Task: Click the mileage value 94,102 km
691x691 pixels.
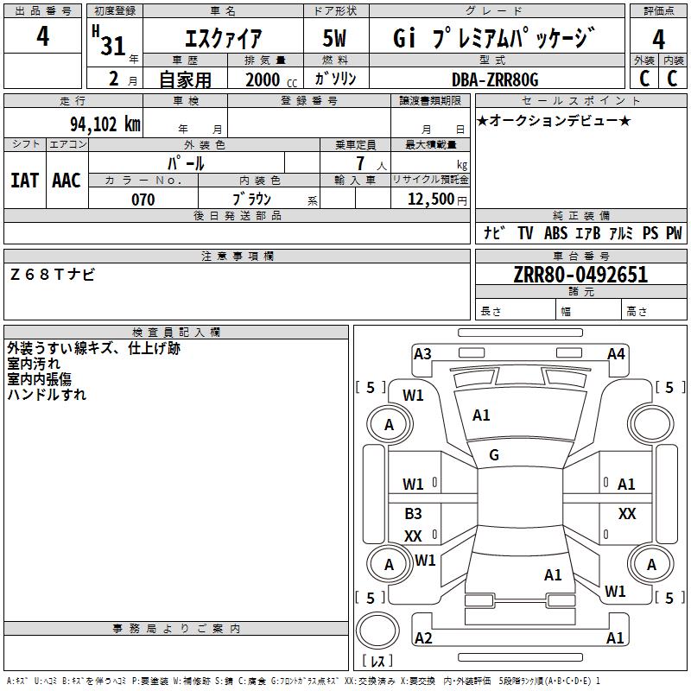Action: tap(105, 124)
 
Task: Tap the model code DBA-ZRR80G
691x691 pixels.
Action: tap(495, 79)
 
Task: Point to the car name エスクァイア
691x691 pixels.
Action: tap(224, 39)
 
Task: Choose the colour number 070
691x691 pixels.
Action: tap(143, 200)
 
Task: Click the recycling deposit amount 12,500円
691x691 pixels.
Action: tap(429, 200)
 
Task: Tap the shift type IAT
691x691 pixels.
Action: tap(24, 180)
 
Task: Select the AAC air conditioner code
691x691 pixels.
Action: tap(67, 180)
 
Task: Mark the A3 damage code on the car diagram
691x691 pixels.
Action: tap(422, 353)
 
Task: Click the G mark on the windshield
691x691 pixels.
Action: tap(494, 455)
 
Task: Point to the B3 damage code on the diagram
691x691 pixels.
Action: tap(413, 514)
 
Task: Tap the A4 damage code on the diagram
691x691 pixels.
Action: tap(616, 353)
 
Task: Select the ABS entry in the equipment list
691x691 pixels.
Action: tap(555, 233)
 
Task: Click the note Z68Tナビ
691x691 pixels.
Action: tap(53, 274)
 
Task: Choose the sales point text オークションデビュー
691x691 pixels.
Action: tap(554, 120)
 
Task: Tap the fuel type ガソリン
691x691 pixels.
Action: tap(335, 79)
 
